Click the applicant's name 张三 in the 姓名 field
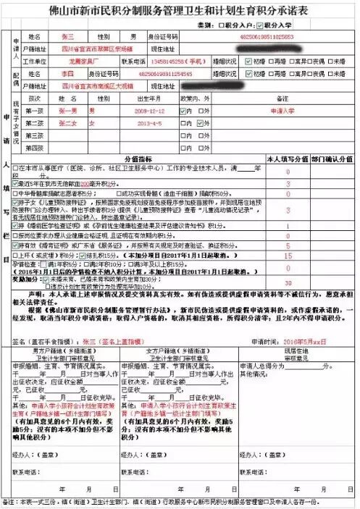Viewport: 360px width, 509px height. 67,35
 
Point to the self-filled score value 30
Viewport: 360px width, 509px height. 288,283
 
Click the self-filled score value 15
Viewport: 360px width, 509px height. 288,256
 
